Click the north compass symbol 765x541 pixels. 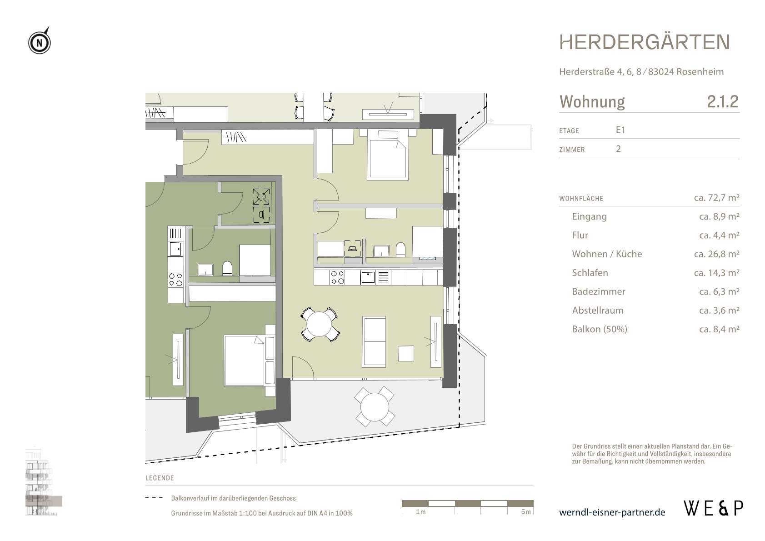pyautogui.click(x=40, y=42)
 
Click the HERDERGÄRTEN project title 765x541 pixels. pyautogui.click(x=645, y=42)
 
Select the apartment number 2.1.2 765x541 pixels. pyautogui.click(x=723, y=101)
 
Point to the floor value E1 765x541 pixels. pyautogui.click(x=620, y=130)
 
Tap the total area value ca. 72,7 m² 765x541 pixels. pyautogui.click(x=716, y=198)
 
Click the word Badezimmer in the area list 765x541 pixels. pyautogui.click(x=598, y=291)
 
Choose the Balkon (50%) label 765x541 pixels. pyautogui.click(x=600, y=329)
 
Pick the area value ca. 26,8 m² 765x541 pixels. pyautogui.click(x=716, y=254)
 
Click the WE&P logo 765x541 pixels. pyautogui.click(x=714, y=509)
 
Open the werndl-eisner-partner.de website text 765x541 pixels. pyautogui.click(x=612, y=513)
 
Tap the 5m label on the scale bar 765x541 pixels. pyautogui.click(x=526, y=512)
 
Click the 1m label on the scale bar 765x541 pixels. pyautogui.click(x=421, y=512)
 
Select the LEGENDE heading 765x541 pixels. pyautogui.click(x=160, y=478)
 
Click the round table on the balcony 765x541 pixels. pyautogui.click(x=375, y=407)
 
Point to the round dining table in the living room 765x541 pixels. pyautogui.click(x=319, y=325)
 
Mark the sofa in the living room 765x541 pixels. pyautogui.click(x=374, y=341)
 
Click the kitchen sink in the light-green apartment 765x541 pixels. pyautogui.click(x=368, y=277)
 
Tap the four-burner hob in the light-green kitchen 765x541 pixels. pyautogui.click(x=337, y=277)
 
